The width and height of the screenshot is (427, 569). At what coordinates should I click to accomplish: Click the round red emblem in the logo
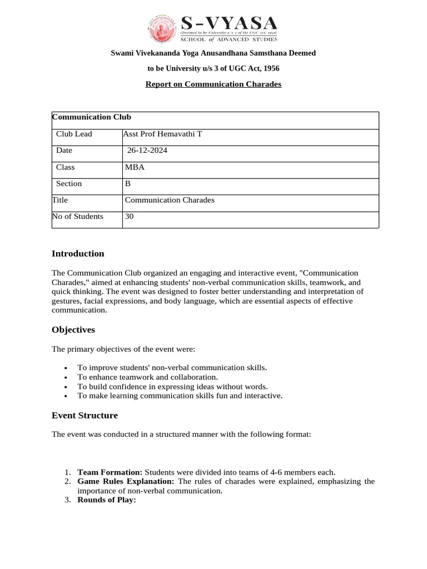pos(162,29)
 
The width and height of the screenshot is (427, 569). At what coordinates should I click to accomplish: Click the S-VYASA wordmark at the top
pos(229,23)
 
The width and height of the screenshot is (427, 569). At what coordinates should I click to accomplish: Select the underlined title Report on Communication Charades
pos(213,84)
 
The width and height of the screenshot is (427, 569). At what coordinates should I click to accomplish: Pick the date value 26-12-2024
pos(147,151)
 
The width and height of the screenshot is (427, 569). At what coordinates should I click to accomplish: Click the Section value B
pos(128,183)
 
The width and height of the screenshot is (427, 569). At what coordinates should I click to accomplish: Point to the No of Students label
pos(78,216)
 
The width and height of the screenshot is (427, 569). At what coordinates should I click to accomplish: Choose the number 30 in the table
pos(130,216)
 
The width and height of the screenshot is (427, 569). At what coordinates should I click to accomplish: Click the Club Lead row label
pos(74,134)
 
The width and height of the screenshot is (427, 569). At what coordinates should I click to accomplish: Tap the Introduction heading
pos(78,253)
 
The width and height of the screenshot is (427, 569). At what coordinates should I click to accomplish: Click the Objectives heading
pos(73,330)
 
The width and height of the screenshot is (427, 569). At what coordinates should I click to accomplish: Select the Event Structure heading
pos(85,415)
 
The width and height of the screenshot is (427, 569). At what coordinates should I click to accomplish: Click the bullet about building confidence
pos(172,386)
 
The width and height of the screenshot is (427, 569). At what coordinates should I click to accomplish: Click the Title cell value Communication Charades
pos(170,199)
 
